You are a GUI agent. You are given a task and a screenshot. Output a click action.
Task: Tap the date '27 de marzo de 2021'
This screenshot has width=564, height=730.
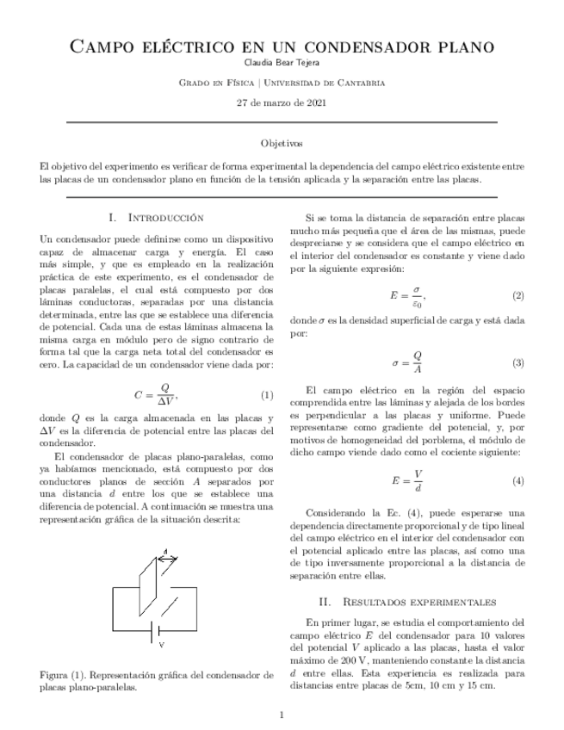click(282, 103)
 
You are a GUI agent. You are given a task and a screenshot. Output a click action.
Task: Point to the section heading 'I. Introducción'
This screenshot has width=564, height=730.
click(156, 218)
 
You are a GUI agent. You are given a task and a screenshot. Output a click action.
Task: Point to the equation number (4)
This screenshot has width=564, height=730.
click(518, 479)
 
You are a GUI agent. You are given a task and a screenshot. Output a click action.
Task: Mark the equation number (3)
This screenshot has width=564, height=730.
click(518, 362)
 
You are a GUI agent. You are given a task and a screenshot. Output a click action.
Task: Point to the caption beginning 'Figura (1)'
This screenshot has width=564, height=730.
click(156, 681)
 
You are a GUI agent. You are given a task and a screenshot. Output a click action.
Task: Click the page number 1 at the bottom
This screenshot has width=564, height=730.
click(282, 715)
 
